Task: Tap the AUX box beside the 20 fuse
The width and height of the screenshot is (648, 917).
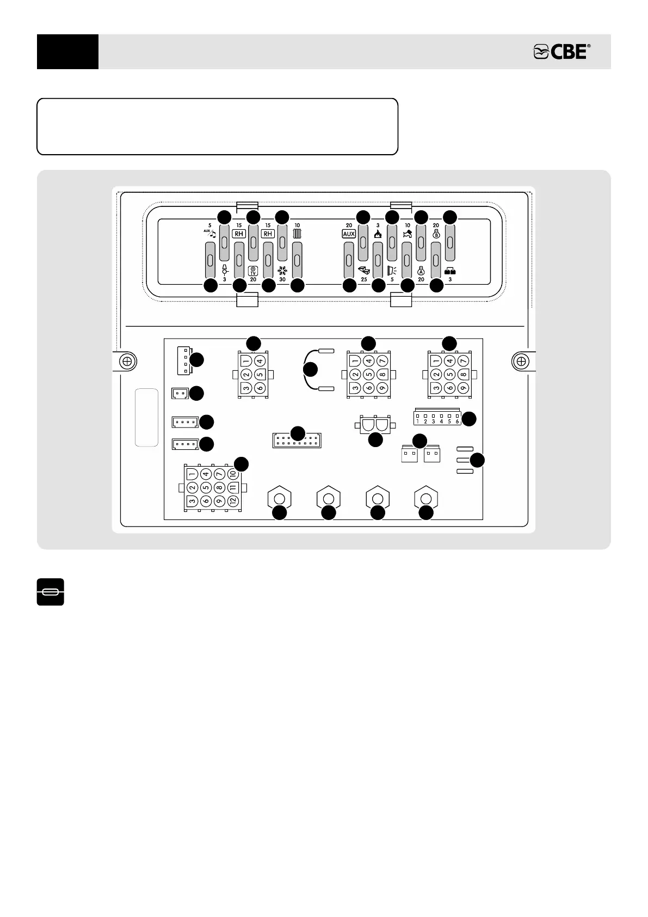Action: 349,234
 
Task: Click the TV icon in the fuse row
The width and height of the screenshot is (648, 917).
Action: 253,271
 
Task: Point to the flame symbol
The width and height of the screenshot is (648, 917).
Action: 378,234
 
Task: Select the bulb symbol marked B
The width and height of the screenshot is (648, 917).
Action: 436,234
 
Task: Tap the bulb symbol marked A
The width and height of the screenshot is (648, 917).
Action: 421,270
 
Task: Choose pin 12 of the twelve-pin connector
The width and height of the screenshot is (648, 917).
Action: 233,500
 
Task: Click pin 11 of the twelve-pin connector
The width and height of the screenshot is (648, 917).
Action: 233,487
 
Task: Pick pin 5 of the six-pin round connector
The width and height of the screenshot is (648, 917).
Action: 259,374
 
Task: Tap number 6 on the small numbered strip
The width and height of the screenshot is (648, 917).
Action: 457,421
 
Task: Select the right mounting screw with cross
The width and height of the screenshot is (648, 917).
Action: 521,361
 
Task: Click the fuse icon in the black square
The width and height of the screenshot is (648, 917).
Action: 51,592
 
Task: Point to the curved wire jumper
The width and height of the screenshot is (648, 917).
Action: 311,369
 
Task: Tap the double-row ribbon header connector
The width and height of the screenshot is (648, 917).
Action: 297,441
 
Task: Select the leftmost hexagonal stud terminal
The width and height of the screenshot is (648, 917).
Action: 280,499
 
